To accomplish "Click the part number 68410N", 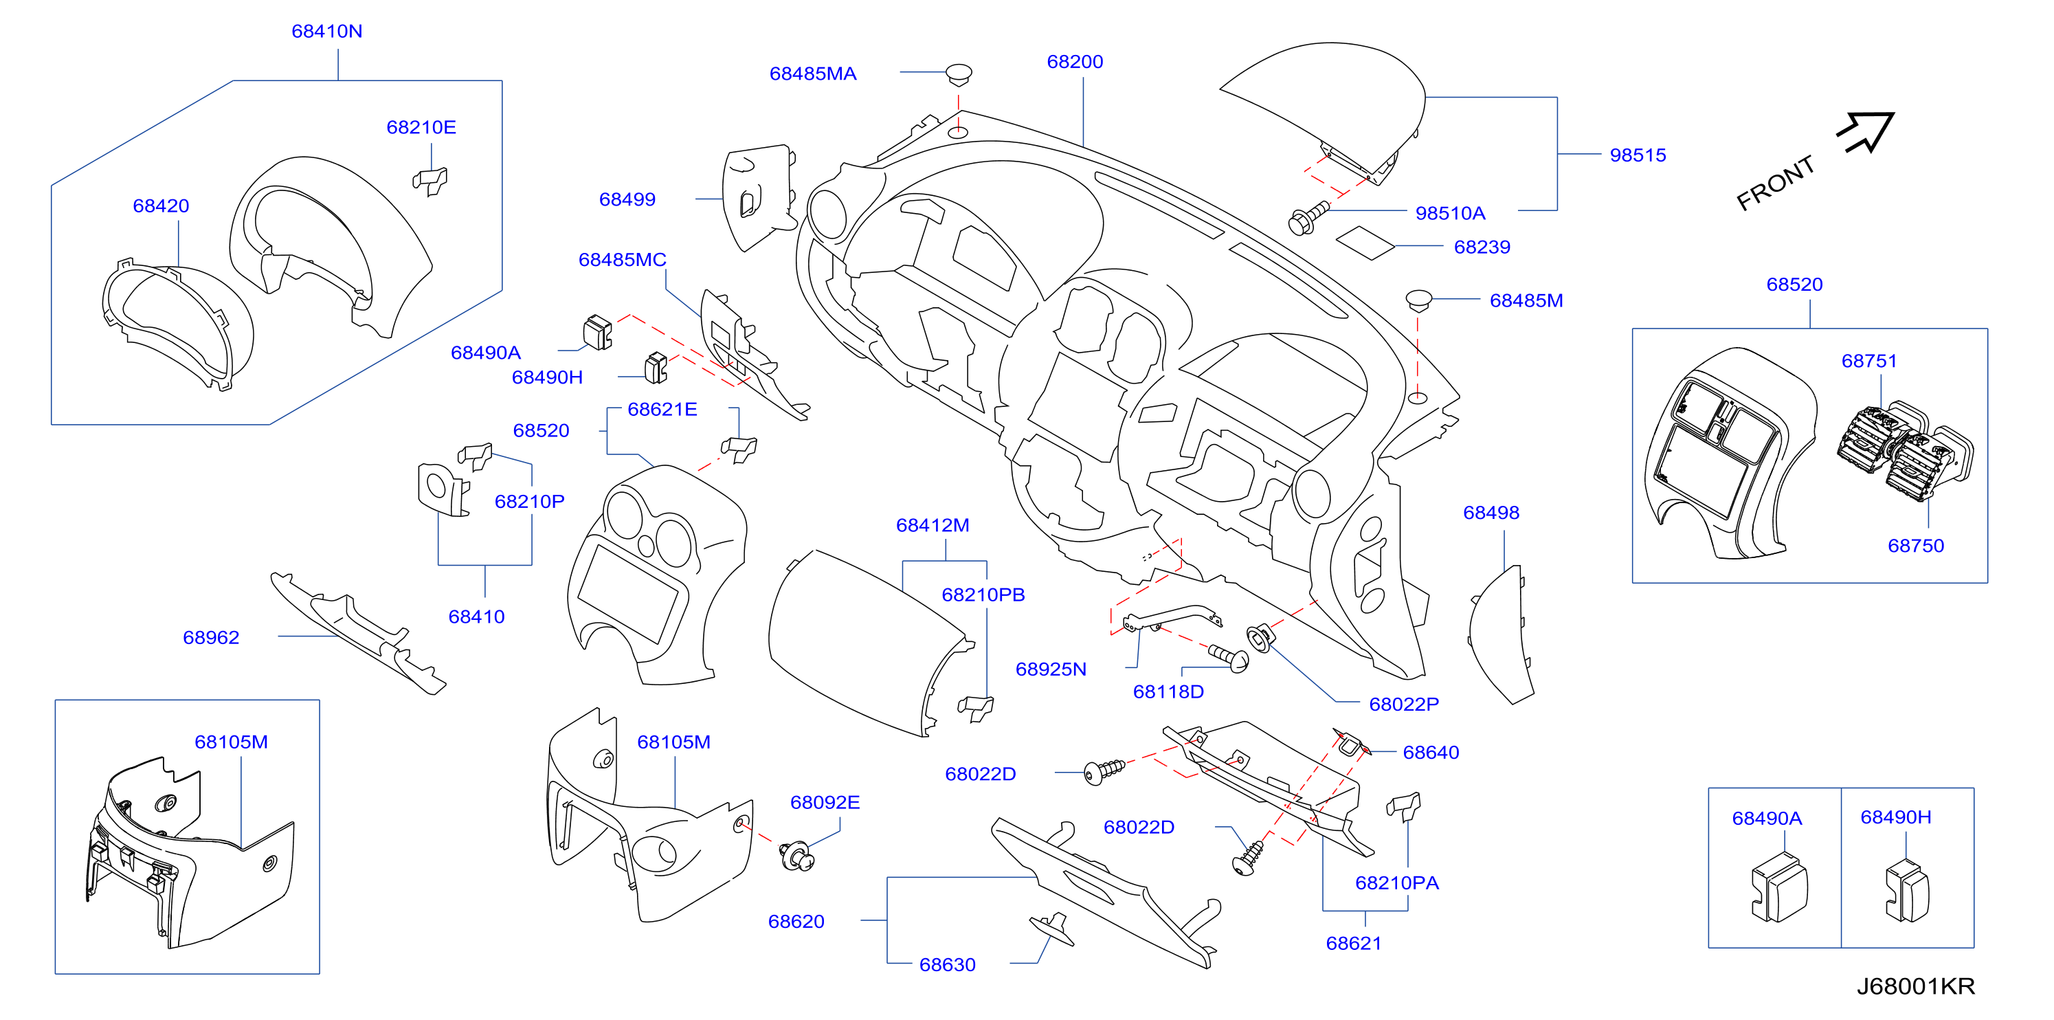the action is tap(327, 31).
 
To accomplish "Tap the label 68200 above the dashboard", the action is tap(1075, 61).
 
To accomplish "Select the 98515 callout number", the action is tap(1638, 155).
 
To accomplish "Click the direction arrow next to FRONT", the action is tap(1866, 131).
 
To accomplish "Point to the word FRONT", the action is tap(1775, 183).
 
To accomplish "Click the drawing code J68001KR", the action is tap(1915, 986).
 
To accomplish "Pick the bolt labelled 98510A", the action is tap(1308, 217).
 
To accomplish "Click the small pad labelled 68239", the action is tap(1365, 243).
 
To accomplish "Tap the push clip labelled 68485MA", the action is tap(959, 75).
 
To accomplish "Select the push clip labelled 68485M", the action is tap(1418, 300).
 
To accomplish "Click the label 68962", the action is tap(210, 637).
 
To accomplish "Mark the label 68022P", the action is tap(1403, 705).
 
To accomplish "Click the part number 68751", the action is tap(1868, 360).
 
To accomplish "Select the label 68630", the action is tap(947, 964).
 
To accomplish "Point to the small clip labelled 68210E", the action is tap(431, 181).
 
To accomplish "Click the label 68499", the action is tap(627, 199).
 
